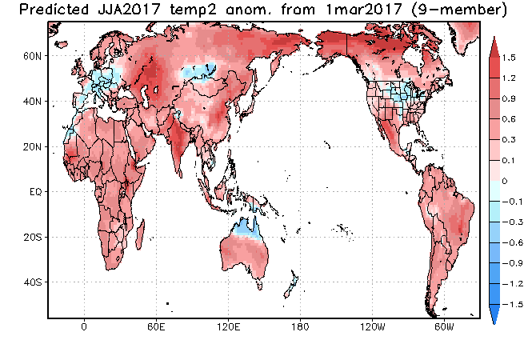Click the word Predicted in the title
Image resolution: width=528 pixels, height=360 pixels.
(54, 10)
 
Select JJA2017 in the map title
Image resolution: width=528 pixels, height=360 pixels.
(129, 10)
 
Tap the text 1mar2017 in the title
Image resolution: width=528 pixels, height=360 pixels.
(364, 10)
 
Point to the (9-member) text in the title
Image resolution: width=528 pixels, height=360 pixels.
(459, 10)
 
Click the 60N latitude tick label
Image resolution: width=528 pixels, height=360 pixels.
(33, 56)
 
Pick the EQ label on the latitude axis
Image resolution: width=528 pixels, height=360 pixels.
(36, 192)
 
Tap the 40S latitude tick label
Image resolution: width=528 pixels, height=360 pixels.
(33, 282)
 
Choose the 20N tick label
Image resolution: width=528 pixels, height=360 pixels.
(33, 147)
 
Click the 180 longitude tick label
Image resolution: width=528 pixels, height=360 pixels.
(300, 327)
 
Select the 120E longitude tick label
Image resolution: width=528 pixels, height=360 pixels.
(228, 327)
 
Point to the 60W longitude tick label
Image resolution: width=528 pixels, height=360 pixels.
(444, 327)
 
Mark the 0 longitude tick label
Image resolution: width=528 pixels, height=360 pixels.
(84, 327)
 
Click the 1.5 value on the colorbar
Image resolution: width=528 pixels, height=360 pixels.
(509, 58)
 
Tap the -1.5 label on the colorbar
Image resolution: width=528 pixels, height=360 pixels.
(513, 305)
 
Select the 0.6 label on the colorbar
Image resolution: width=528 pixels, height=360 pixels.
(509, 119)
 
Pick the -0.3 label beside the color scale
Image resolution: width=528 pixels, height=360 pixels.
(513, 222)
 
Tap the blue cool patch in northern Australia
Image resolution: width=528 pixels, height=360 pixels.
(247, 228)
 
